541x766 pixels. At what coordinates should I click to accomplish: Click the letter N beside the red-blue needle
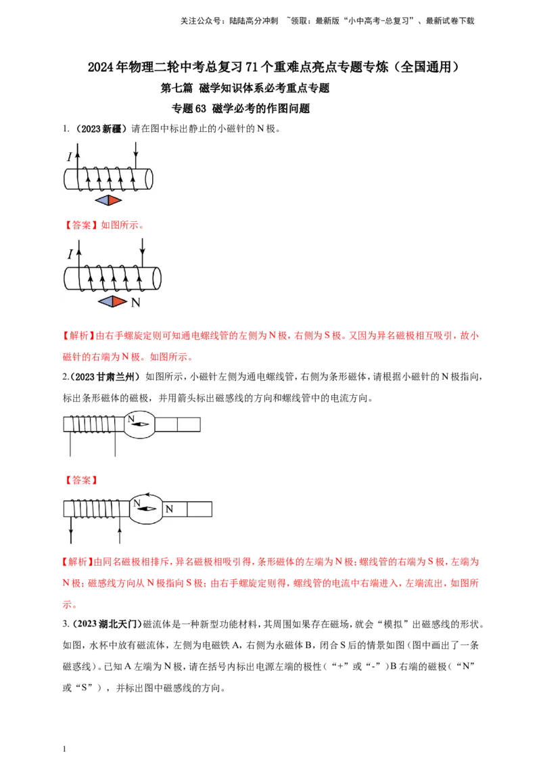click(135, 302)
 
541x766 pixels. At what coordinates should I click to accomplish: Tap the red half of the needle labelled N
click(119, 302)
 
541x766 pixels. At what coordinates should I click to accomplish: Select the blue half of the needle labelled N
click(105, 302)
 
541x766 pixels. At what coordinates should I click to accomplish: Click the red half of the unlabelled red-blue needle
click(115, 200)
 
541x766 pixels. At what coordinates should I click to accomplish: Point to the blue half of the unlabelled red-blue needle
click(102, 200)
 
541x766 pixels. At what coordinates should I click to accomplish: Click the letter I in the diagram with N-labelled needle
click(70, 254)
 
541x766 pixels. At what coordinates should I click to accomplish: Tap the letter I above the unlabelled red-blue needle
click(69, 157)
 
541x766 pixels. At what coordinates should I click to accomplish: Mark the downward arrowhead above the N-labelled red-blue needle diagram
click(142, 252)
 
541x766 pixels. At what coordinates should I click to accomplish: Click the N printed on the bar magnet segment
click(169, 508)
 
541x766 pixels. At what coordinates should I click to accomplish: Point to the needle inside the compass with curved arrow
click(146, 508)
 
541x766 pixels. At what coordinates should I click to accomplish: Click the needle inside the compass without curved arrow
click(140, 424)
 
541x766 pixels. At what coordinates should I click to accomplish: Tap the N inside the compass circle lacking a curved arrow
click(131, 419)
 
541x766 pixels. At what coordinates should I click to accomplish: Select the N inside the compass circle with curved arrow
click(137, 503)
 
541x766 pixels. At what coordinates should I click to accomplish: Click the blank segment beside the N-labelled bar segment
click(199, 508)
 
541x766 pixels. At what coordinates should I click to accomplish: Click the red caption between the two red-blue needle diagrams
click(104, 224)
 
